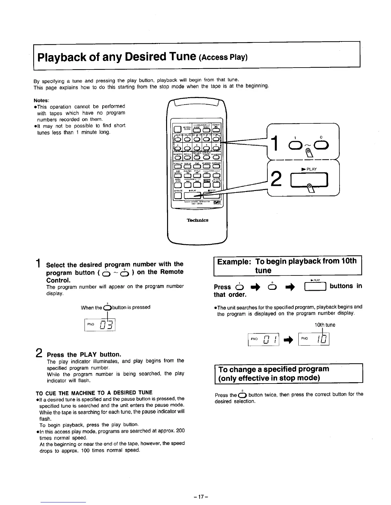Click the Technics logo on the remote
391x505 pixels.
point(197,220)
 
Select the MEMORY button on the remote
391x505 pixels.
point(178,158)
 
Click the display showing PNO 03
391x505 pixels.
point(100,325)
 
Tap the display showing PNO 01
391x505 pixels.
point(264,339)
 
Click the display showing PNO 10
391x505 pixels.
point(313,339)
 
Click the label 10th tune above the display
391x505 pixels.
point(325,325)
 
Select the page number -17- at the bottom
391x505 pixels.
point(195,497)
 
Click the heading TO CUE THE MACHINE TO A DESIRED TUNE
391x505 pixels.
point(94,392)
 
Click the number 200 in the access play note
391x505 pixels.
point(180,431)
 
